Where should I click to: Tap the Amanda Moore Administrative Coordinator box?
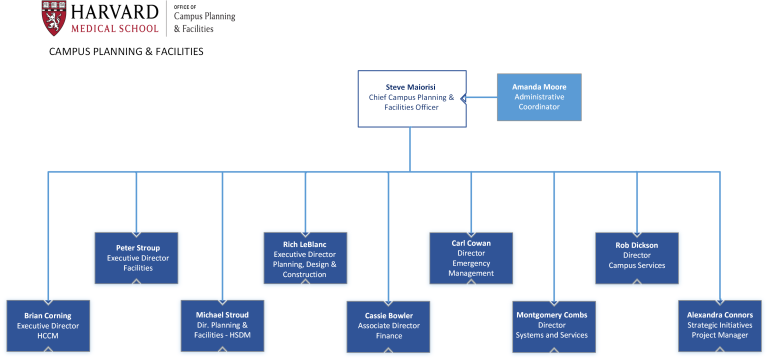(539, 97)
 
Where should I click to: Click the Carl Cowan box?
(471, 257)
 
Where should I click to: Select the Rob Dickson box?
(636, 256)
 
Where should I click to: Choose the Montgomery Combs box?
(554, 325)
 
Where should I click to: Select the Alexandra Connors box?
(719, 325)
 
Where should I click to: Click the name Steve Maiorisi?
(412, 87)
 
